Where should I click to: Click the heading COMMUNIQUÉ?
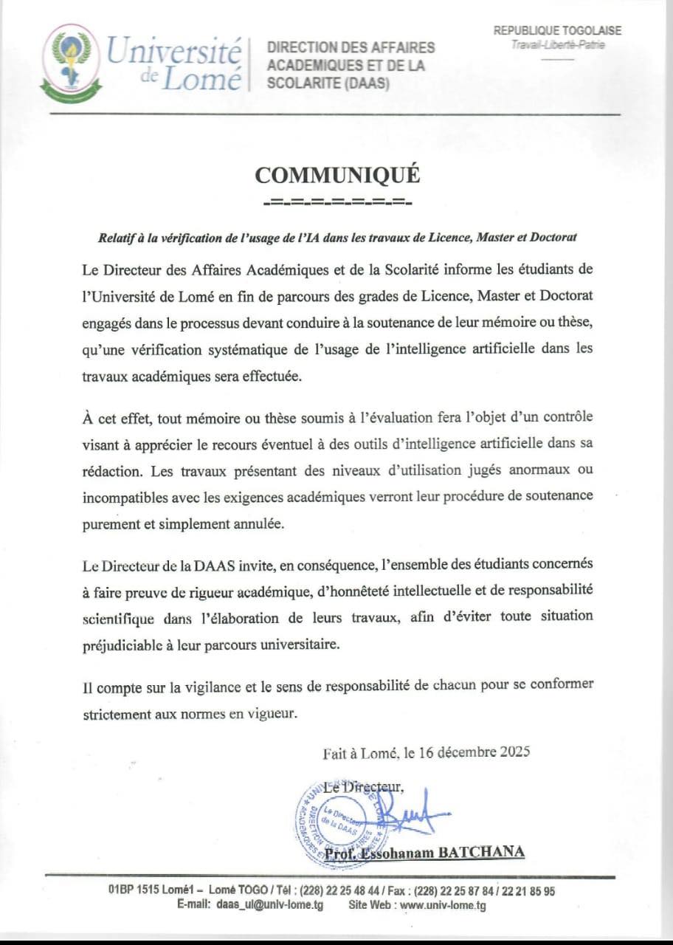click(337, 174)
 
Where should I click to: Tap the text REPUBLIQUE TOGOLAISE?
click(557, 30)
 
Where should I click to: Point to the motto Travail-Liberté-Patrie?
click(557, 45)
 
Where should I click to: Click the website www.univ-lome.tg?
click(443, 905)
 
